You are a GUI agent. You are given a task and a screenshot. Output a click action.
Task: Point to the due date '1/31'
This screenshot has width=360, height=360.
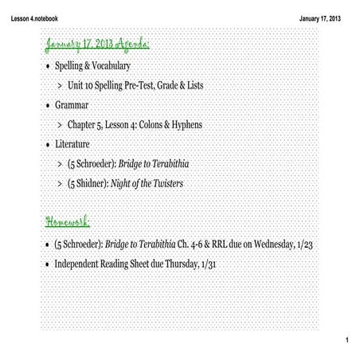click(205, 263)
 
